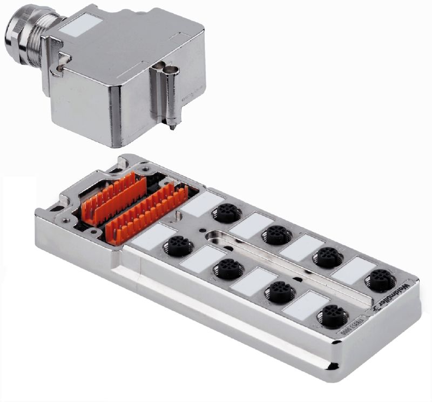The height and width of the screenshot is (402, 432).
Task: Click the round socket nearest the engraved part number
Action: pyautogui.click(x=328, y=312)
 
